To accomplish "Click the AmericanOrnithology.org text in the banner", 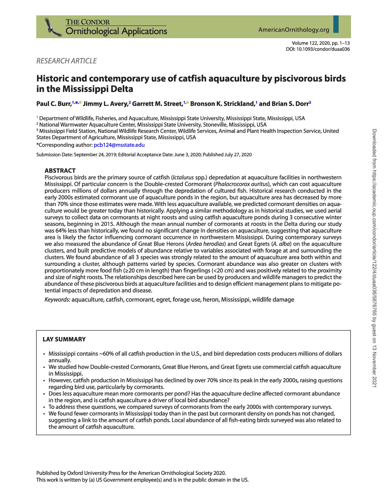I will point(294,30).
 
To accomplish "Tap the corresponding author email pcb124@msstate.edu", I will point(119,145).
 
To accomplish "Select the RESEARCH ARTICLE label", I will point(67,61).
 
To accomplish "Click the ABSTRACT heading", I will point(60,171).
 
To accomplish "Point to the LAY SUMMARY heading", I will point(64,339).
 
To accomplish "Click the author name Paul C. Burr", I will point(54,104).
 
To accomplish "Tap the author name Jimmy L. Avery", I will point(105,104).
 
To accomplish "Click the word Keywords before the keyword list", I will point(57,300).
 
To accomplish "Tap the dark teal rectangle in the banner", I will point(336,24).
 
